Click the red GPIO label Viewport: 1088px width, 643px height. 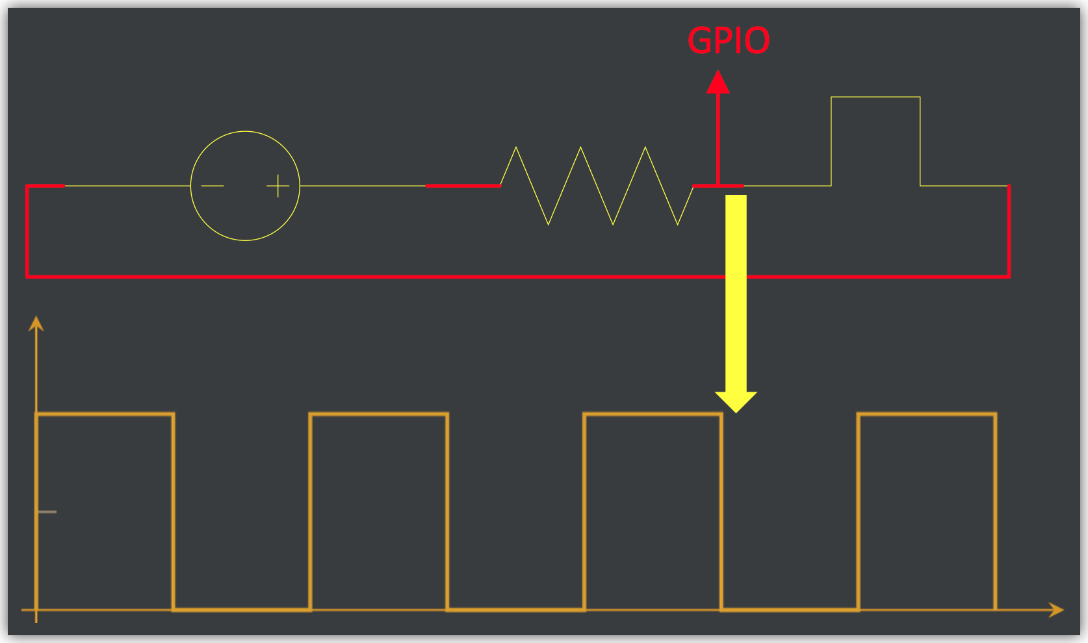click(728, 40)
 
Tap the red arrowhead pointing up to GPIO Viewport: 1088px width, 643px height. click(718, 82)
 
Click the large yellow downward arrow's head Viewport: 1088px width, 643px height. click(736, 401)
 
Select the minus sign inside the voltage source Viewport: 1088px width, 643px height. click(213, 186)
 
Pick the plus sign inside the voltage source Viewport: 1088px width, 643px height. click(278, 186)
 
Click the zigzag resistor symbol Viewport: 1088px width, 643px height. click(597, 186)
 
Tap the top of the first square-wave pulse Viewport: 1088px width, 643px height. click(105, 414)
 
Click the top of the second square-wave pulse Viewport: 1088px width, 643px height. click(379, 414)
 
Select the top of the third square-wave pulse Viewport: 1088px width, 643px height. click(653, 414)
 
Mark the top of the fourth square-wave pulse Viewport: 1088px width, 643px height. click(927, 414)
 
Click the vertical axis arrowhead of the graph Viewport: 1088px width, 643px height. click(36, 323)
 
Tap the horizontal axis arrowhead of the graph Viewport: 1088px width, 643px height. click(1057, 610)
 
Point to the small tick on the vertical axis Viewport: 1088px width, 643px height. click(47, 512)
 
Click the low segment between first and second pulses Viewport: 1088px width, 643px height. click(242, 609)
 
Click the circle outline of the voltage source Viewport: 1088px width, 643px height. click(245, 132)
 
